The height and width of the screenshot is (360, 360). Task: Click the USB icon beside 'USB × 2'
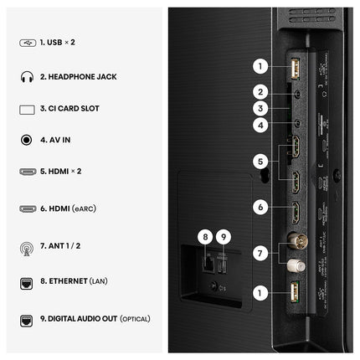28,43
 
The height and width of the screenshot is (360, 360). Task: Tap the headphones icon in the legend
27,77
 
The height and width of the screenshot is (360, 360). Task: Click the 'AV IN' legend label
59,140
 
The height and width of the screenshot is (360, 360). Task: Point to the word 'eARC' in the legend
84,208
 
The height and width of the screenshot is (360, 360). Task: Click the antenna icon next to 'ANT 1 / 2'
27,249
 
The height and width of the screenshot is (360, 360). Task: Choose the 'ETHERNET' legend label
69,281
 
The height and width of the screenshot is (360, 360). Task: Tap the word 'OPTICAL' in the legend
135,319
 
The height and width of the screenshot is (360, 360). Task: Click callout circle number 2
260,92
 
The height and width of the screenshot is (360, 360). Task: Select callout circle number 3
260,108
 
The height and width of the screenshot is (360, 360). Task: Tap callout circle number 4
260,125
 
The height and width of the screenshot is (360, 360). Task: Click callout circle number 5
260,162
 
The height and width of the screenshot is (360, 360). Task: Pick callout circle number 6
260,207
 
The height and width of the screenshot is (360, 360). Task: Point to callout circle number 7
260,254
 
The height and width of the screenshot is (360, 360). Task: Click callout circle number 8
205,237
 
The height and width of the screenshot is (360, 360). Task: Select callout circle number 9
224,237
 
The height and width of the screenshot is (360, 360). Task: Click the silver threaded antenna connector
297,240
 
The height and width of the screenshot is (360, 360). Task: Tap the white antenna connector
296,265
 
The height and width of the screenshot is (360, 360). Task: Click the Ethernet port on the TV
208,264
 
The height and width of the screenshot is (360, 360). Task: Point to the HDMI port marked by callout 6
296,213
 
